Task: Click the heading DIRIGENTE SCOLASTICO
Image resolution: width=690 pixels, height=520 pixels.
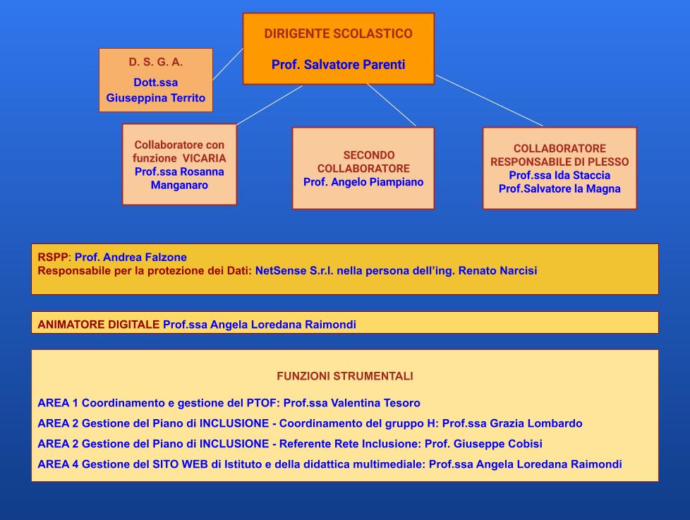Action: click(338, 34)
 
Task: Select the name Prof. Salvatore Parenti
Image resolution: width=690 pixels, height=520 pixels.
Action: click(338, 65)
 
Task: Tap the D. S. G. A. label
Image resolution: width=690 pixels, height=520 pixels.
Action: click(156, 62)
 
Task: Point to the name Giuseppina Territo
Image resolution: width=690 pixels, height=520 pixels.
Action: click(156, 97)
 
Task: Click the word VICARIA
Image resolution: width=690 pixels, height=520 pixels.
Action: click(204, 158)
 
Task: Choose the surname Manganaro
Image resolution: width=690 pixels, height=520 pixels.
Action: click(179, 186)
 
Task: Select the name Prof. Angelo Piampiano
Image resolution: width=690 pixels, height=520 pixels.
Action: click(363, 182)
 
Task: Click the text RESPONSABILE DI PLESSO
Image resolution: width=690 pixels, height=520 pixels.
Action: click(559, 162)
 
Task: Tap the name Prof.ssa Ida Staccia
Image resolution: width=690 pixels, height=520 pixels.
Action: click(559, 175)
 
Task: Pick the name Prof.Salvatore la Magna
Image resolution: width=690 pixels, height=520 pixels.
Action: click(559, 188)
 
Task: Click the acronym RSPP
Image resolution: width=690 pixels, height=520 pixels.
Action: click(53, 258)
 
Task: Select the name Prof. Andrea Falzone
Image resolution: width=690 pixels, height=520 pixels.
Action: click(131, 258)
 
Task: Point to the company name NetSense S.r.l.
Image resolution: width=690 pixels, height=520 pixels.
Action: click(294, 270)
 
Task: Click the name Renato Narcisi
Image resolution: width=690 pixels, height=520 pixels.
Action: click(497, 270)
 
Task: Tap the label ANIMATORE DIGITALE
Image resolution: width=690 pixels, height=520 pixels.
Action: click(99, 325)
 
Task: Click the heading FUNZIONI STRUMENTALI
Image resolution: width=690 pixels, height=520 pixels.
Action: click(345, 376)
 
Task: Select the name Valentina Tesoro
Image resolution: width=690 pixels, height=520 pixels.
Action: click(375, 403)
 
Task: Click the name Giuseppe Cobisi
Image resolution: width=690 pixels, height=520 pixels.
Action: click(497, 444)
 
